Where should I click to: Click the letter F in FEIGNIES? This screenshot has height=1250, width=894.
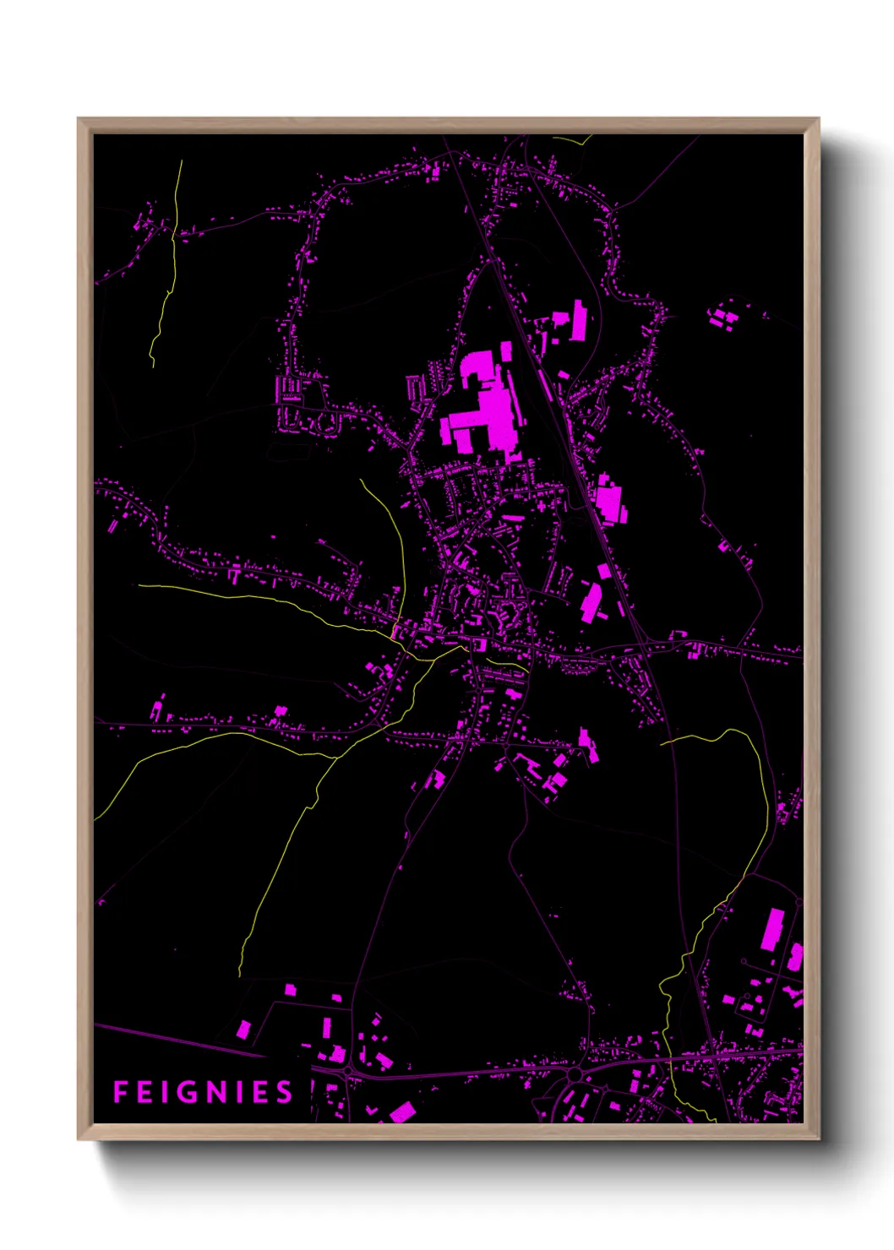(x=120, y=1092)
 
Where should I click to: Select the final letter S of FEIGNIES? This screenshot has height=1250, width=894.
(x=284, y=1092)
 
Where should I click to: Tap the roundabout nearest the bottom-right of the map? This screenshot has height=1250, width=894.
(x=575, y=1073)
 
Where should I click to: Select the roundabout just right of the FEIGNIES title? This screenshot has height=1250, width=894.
(x=347, y=1071)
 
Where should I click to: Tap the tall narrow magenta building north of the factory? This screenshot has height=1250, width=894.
(x=579, y=320)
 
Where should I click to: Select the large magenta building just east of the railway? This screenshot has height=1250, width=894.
(x=609, y=501)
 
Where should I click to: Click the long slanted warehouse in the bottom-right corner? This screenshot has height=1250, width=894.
(x=772, y=929)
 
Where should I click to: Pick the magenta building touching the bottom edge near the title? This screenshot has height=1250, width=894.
(x=403, y=1112)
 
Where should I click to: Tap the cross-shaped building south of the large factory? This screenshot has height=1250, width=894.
(x=541, y=506)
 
